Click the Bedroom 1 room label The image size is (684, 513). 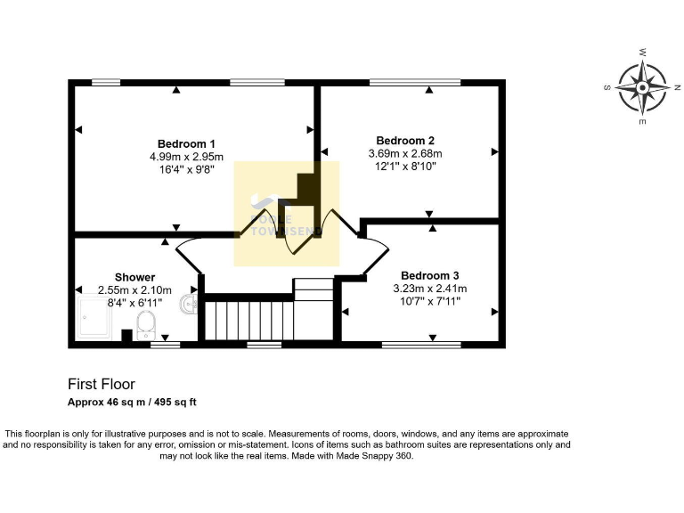(x=186, y=144)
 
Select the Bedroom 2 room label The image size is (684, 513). (x=405, y=141)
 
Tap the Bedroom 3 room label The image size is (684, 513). (x=430, y=275)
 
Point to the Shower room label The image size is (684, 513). (x=134, y=277)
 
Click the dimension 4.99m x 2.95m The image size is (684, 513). (x=186, y=157)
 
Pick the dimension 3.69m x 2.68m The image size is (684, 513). (x=405, y=153)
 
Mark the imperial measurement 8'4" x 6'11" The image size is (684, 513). (x=134, y=302)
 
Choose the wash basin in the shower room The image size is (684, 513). (x=189, y=305)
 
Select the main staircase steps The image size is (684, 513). (x=248, y=320)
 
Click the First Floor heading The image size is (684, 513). (x=102, y=385)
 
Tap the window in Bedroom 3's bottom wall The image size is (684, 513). (x=420, y=344)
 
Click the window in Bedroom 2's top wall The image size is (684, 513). (x=414, y=83)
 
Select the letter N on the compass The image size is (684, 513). (x=677, y=87)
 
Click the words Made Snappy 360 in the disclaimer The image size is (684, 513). (x=378, y=455)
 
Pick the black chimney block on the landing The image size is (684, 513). (x=306, y=187)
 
